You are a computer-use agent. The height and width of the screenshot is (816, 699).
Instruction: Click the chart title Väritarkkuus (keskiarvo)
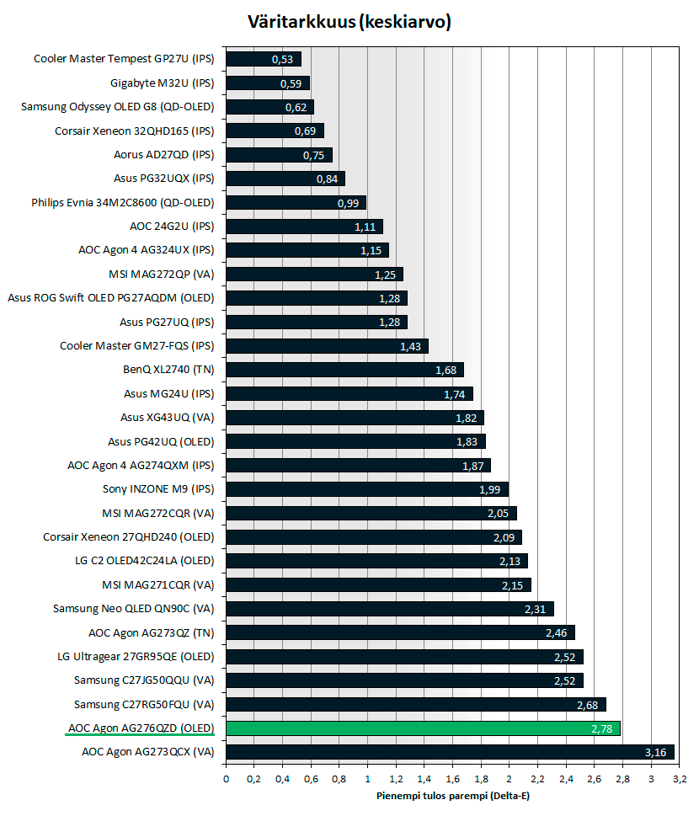pyautogui.click(x=349, y=23)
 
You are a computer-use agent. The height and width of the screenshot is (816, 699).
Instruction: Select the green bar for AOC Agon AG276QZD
pyautogui.click(x=424, y=728)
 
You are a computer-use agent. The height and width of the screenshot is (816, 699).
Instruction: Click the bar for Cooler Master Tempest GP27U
pyautogui.click(x=264, y=59)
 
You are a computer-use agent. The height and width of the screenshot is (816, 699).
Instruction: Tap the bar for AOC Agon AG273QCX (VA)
pyautogui.click(x=451, y=751)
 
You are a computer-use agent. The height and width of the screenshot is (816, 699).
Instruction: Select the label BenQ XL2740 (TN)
pyautogui.click(x=168, y=369)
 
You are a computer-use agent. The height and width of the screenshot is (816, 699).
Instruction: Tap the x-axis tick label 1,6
pyautogui.click(x=452, y=778)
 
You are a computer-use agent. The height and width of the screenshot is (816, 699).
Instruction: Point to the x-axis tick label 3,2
pyautogui.click(x=680, y=778)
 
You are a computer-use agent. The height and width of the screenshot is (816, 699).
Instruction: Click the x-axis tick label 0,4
pyautogui.click(x=282, y=778)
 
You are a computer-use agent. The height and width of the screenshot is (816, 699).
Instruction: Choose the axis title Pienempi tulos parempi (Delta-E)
pyautogui.click(x=451, y=795)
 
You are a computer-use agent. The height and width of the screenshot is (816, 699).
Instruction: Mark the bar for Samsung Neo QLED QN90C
pyautogui.click(x=390, y=608)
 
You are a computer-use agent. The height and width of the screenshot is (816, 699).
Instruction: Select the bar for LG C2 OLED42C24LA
pyautogui.click(x=377, y=561)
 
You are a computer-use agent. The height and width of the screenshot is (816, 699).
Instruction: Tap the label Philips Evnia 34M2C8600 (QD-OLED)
pyautogui.click(x=123, y=203)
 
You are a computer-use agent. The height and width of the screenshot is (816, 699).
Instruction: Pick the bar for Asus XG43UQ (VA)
pyautogui.click(x=355, y=418)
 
